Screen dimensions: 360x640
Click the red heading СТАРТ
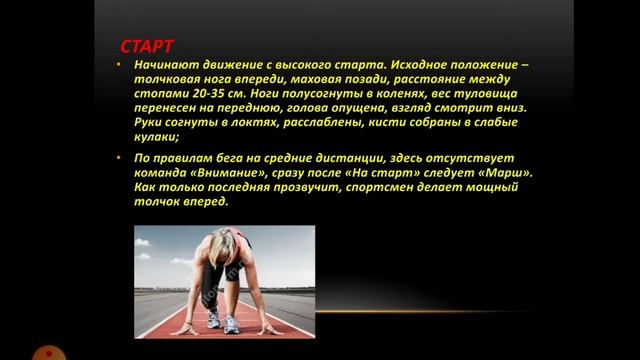[147, 47]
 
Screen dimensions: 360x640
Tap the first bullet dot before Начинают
[119, 67]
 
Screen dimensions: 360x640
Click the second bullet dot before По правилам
[119, 157]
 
